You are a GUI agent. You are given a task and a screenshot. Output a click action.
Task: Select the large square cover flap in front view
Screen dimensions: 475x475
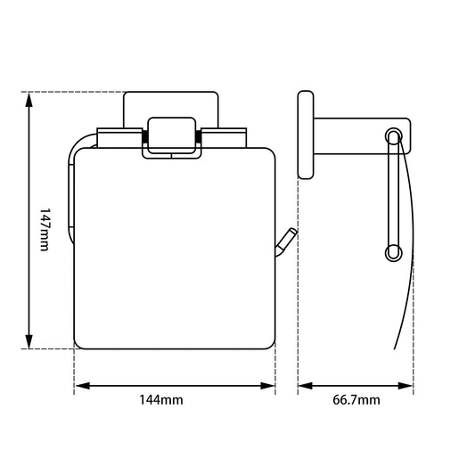(174, 250)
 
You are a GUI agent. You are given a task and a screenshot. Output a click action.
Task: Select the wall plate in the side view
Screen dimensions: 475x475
(306, 135)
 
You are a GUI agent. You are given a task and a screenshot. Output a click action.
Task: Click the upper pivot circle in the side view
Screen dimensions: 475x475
(393, 135)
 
